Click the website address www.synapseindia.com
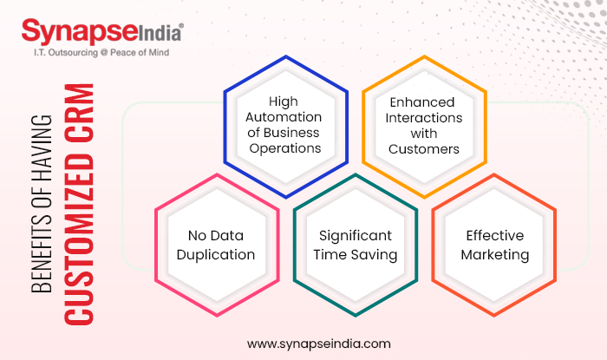tap(318, 344)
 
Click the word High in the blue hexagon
tap(283, 101)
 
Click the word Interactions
tap(424, 117)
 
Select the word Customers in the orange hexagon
tap(424, 148)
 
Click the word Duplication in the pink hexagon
tap(217, 255)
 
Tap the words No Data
tap(217, 236)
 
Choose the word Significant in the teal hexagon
tap(356, 236)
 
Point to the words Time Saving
tap(356, 255)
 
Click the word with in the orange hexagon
tap(424, 133)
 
